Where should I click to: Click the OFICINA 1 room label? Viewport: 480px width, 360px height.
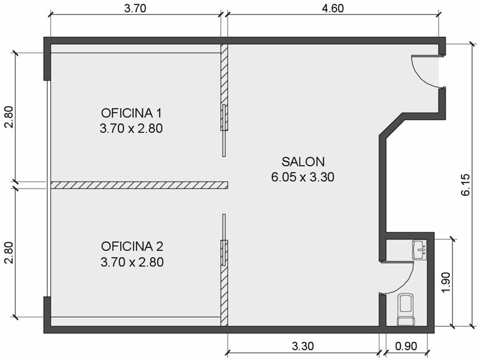(x=131, y=113)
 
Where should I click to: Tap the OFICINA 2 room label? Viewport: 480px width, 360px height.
(x=132, y=246)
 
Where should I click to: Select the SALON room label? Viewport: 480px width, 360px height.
(x=303, y=162)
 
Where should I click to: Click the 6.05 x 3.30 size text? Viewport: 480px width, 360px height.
(x=303, y=177)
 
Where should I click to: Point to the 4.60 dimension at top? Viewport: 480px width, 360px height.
(x=333, y=8)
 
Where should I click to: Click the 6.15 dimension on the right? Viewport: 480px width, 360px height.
(x=465, y=185)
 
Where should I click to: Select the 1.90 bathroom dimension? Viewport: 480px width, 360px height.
(x=446, y=282)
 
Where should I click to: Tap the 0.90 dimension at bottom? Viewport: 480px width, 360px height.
(x=406, y=346)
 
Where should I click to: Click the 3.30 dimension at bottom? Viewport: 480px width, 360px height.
(x=303, y=346)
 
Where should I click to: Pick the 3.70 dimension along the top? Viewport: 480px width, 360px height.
(x=135, y=8)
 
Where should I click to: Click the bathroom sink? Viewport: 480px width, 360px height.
(x=419, y=250)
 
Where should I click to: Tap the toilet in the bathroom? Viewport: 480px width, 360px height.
(x=406, y=309)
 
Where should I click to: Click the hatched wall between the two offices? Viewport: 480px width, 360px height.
(x=139, y=185)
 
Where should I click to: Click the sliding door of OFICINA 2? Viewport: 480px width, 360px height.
(x=225, y=239)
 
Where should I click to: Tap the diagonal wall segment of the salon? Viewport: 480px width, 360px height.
(x=391, y=125)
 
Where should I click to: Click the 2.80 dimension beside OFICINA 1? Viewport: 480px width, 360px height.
(x=9, y=117)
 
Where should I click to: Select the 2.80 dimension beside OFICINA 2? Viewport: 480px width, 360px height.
(x=9, y=253)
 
